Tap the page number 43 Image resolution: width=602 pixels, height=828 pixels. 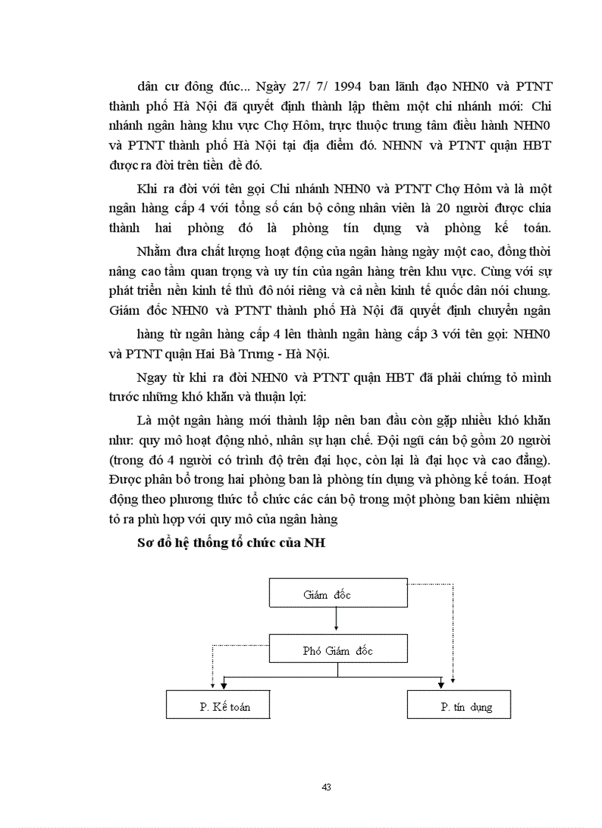click(x=326, y=787)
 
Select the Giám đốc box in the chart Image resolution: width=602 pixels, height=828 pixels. click(x=338, y=594)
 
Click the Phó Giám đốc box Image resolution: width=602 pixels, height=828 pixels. click(x=338, y=650)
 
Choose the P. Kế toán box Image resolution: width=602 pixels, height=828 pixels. click(x=218, y=706)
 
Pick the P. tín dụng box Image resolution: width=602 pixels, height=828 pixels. click(x=459, y=706)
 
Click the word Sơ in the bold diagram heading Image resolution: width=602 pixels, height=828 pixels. click(x=145, y=544)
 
